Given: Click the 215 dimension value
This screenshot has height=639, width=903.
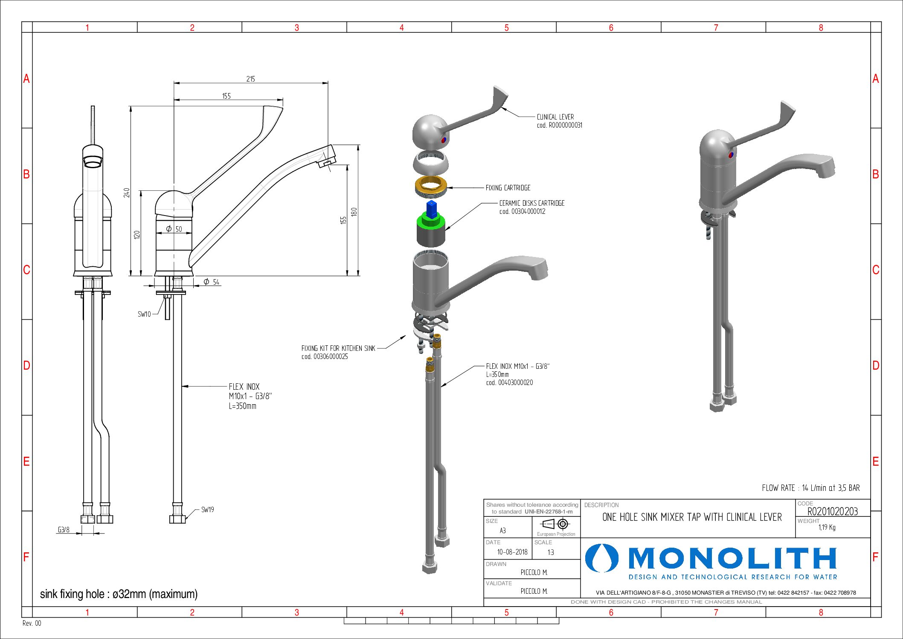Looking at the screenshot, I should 250,79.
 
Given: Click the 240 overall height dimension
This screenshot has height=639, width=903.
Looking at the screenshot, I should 127,193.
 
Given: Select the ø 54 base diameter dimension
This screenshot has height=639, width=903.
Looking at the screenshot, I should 212,282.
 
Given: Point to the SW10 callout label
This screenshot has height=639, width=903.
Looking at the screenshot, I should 144,314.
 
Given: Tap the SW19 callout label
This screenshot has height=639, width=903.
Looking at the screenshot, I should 207,510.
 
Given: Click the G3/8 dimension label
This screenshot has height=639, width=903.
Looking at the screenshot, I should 64,530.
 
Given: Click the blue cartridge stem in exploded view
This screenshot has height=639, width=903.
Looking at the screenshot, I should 432,209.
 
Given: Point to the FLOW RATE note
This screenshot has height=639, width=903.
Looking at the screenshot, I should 810,488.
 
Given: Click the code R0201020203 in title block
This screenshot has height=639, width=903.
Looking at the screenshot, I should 832,511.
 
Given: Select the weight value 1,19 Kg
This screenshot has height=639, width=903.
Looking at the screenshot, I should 827,528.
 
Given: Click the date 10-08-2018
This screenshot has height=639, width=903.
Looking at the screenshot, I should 512,552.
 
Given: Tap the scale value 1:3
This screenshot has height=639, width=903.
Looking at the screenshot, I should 551,552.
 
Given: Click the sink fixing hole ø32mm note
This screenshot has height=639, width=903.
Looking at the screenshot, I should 119,594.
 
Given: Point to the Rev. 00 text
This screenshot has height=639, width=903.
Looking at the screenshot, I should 32,623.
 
